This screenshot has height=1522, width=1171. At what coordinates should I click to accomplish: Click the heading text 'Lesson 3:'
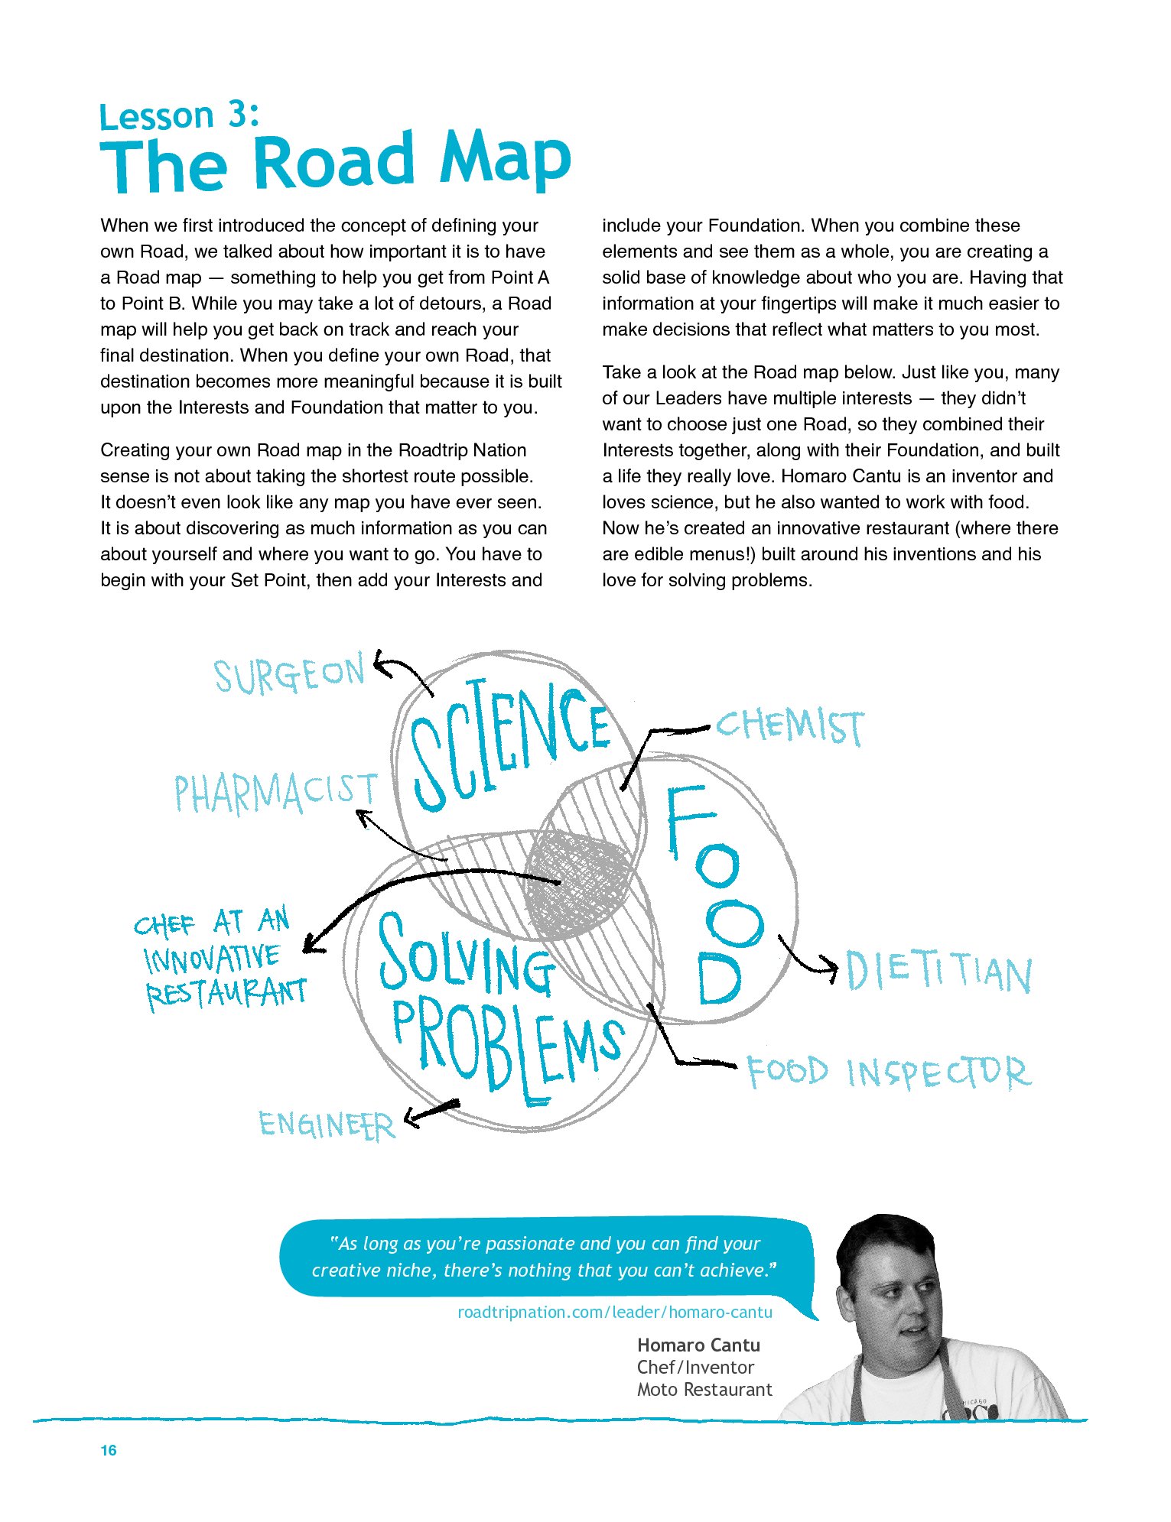click(179, 116)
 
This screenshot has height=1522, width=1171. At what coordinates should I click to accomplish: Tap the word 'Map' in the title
click(505, 161)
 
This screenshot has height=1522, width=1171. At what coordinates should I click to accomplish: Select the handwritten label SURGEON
click(289, 675)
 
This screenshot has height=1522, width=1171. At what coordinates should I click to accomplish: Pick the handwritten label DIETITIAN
click(939, 972)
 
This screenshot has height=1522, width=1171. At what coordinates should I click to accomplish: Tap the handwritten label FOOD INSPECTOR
click(889, 1072)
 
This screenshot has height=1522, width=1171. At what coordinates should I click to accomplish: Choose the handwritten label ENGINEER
click(327, 1124)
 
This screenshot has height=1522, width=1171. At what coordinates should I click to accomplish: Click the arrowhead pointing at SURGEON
click(380, 663)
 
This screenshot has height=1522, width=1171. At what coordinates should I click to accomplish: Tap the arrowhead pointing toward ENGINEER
click(413, 1118)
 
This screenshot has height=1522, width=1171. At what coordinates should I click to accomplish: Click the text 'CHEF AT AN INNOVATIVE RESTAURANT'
click(221, 957)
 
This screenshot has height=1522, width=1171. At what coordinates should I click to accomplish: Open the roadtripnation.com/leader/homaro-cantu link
click(614, 1313)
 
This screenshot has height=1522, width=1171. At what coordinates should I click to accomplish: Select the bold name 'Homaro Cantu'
click(698, 1345)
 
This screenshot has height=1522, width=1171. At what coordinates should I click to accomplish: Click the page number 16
click(109, 1450)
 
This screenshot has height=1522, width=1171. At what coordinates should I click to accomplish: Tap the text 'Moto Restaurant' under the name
click(704, 1390)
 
